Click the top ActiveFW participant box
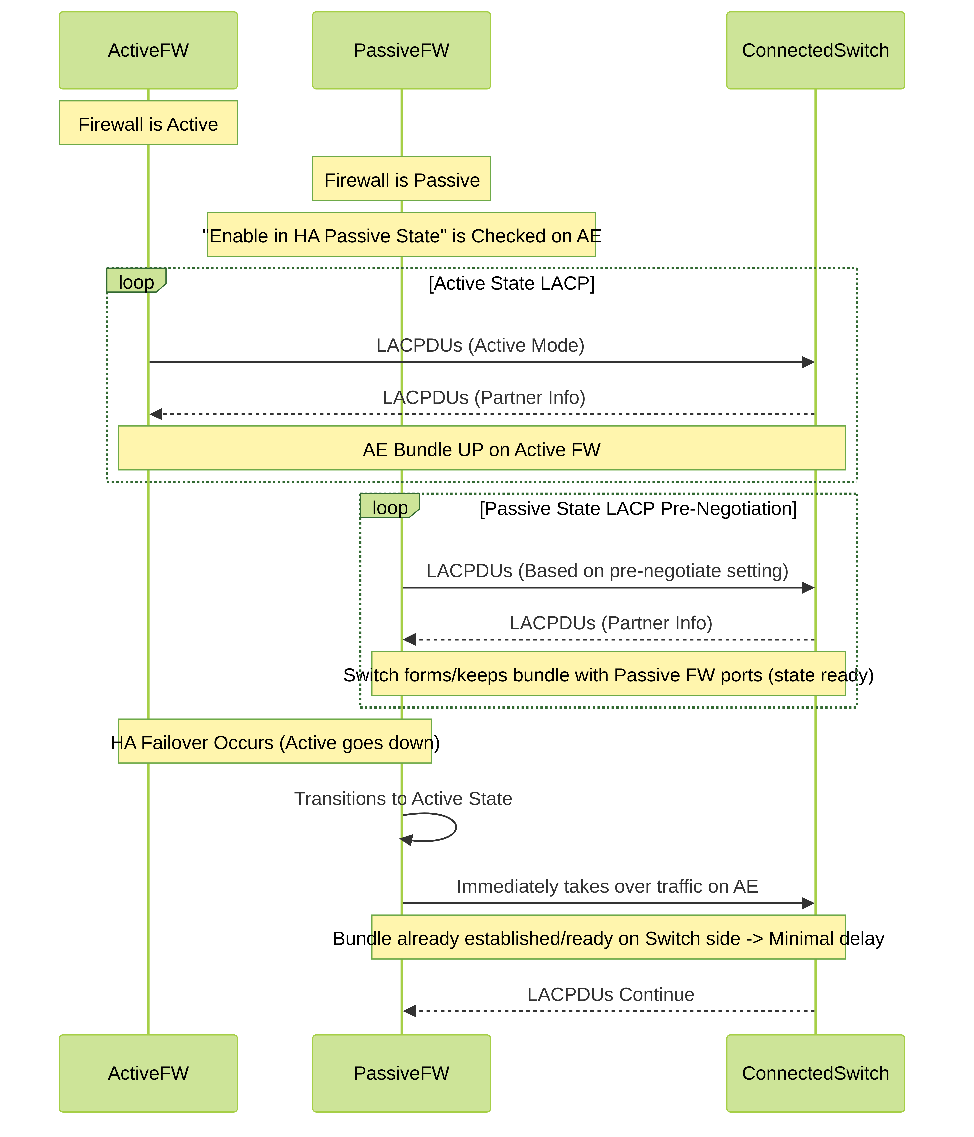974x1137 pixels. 148,50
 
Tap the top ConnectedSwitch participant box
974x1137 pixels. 815,50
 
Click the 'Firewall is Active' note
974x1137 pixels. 148,123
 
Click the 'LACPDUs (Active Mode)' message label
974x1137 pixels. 480,345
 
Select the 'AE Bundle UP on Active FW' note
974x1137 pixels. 482,448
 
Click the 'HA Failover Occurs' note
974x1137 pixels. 275,741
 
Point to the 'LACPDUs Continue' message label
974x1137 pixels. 611,994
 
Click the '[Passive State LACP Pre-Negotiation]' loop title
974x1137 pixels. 638,509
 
